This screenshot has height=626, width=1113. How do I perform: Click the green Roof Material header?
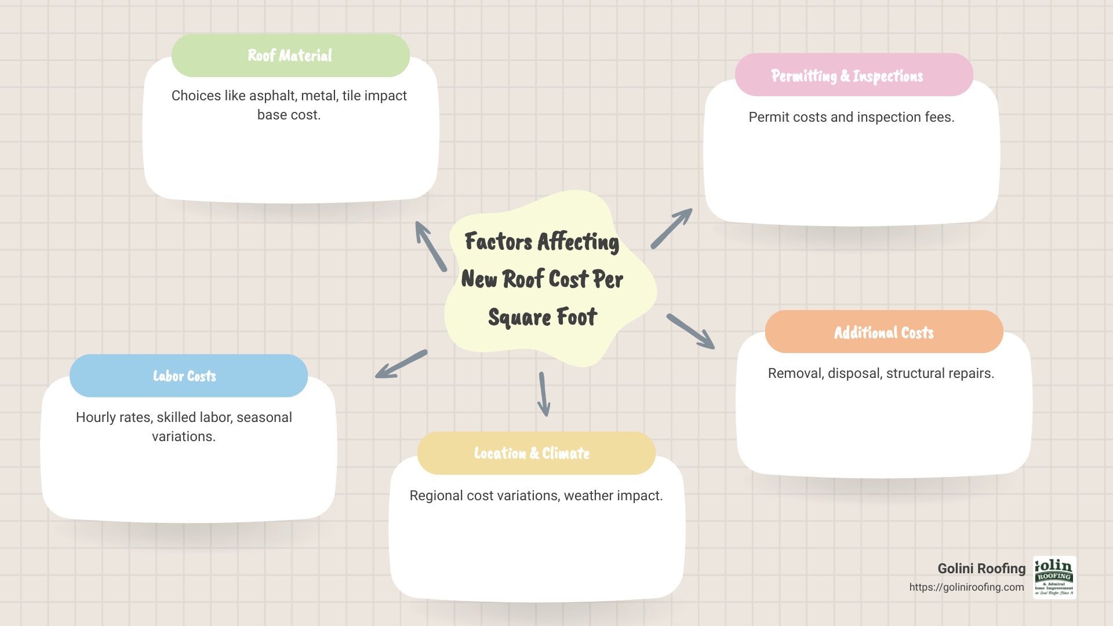click(290, 56)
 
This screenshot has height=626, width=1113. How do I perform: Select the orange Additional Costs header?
click(883, 332)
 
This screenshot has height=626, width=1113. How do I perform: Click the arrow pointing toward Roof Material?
click(430, 246)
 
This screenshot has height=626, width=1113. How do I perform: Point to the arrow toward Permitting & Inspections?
click(672, 228)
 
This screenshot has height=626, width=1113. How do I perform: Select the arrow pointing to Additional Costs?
click(690, 332)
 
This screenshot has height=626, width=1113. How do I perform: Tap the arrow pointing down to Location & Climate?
click(544, 394)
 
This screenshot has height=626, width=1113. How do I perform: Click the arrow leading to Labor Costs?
click(401, 364)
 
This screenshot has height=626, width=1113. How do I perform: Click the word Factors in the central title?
click(499, 242)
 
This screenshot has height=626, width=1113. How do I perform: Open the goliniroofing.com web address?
click(966, 587)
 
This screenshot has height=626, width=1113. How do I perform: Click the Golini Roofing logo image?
click(1054, 577)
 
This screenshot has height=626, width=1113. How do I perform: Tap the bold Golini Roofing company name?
click(981, 569)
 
